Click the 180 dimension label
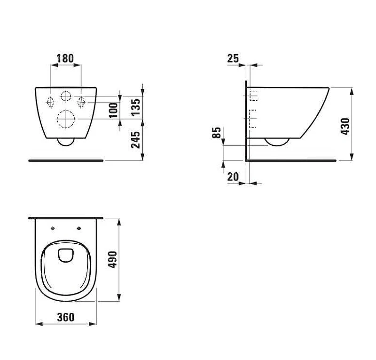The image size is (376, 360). pos(65,58)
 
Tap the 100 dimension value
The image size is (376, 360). pos(114,111)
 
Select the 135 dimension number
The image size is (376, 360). pos(136,107)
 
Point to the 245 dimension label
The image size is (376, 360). pos(136,140)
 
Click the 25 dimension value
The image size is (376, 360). pos(233,58)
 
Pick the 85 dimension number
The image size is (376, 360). pos(217,133)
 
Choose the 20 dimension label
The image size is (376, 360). pos(233,177)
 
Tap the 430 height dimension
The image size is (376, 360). pos(345,126)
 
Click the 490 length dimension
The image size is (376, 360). pos(112,260)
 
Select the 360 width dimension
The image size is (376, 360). pos(66,317)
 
